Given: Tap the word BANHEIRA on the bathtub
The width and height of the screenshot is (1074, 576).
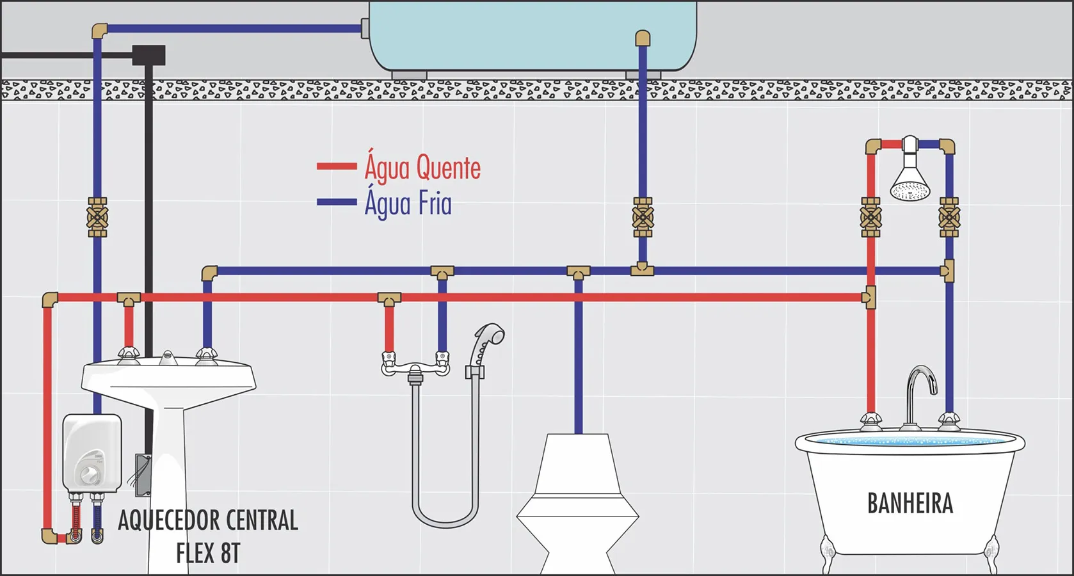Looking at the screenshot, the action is [x=910, y=503].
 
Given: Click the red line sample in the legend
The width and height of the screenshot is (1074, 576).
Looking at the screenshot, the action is [x=337, y=166].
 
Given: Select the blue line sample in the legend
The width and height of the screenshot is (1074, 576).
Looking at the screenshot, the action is [x=337, y=202].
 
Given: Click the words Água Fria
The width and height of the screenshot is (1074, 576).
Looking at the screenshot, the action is [x=408, y=202].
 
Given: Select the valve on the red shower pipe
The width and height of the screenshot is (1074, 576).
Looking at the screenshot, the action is [x=870, y=217].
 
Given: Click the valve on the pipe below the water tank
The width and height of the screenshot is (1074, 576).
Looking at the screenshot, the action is [x=643, y=217].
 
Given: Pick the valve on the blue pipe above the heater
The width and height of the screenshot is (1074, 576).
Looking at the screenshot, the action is [x=97, y=217].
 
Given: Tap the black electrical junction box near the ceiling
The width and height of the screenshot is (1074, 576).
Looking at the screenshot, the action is [x=148, y=55].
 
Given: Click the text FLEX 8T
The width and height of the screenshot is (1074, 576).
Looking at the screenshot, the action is [x=208, y=553].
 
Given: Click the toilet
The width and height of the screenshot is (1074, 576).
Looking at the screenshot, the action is [x=577, y=504].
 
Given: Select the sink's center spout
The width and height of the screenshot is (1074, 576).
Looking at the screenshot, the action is [x=167, y=357].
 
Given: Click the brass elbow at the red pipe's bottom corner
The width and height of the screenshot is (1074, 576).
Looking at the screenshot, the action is [x=49, y=536].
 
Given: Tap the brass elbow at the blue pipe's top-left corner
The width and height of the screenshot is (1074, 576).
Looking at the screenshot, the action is [x=100, y=30].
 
